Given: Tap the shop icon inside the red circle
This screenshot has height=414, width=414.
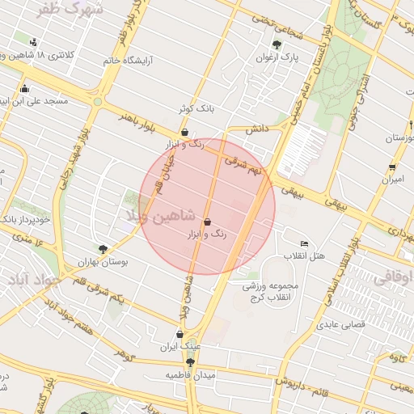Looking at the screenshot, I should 208,222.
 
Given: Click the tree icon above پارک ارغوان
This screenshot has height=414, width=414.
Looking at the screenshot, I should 277,44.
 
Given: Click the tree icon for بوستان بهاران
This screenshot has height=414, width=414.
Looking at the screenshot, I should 103,250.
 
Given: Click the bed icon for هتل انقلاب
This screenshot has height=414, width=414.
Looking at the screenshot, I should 304,243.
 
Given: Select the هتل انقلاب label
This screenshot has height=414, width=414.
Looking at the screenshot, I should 304,256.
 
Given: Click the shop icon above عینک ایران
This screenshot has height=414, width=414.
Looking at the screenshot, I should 180,333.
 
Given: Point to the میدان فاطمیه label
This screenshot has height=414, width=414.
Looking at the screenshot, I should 191,376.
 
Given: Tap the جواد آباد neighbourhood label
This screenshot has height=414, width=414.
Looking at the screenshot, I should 30,279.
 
